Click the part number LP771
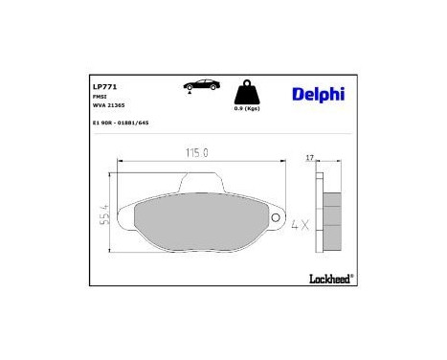pyautogui.click(x=102, y=86)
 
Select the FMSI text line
pyautogui.click(x=99, y=97)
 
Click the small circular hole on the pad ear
pyautogui.click(x=277, y=219)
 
